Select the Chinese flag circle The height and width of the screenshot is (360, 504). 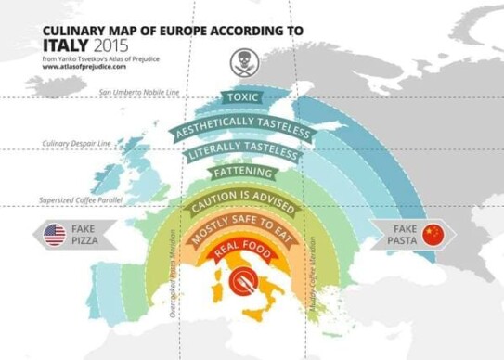(x=431, y=235)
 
